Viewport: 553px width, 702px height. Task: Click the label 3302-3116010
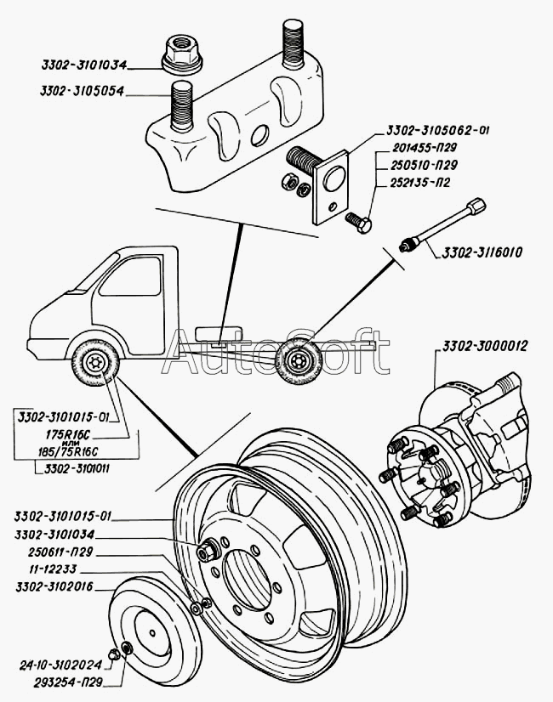click(x=482, y=252)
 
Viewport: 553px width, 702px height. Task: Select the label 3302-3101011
click(x=82, y=467)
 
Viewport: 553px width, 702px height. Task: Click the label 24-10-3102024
click(x=62, y=665)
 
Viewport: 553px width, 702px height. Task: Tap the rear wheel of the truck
click(x=299, y=363)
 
